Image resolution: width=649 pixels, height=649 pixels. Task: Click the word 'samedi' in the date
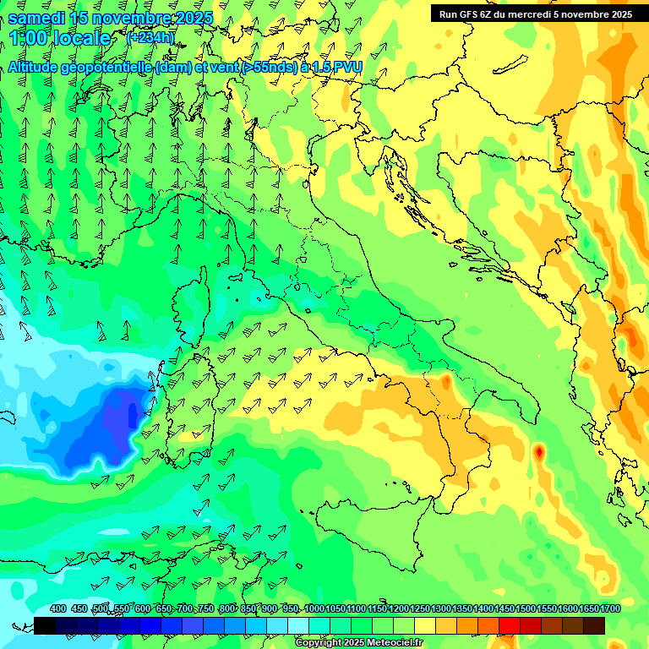click(x=37, y=18)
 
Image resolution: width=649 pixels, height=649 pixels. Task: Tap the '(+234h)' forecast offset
click(x=150, y=37)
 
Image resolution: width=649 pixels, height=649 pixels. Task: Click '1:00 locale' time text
click(x=60, y=38)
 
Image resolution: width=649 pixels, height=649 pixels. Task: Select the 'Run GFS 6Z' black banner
click(x=536, y=14)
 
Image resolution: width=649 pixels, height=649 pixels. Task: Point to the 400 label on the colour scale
click(x=58, y=608)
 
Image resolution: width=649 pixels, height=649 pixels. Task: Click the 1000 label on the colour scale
click(x=314, y=608)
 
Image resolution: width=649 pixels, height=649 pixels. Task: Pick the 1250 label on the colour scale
click(x=420, y=608)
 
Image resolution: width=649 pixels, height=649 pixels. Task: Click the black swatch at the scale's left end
click(x=45, y=625)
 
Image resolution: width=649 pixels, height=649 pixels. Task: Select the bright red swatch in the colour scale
click(x=510, y=625)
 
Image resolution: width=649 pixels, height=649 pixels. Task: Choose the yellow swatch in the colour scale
click(x=425, y=625)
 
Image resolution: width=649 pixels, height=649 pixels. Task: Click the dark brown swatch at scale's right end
click(x=594, y=625)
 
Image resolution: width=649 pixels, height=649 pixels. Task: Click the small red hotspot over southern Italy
click(x=538, y=452)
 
